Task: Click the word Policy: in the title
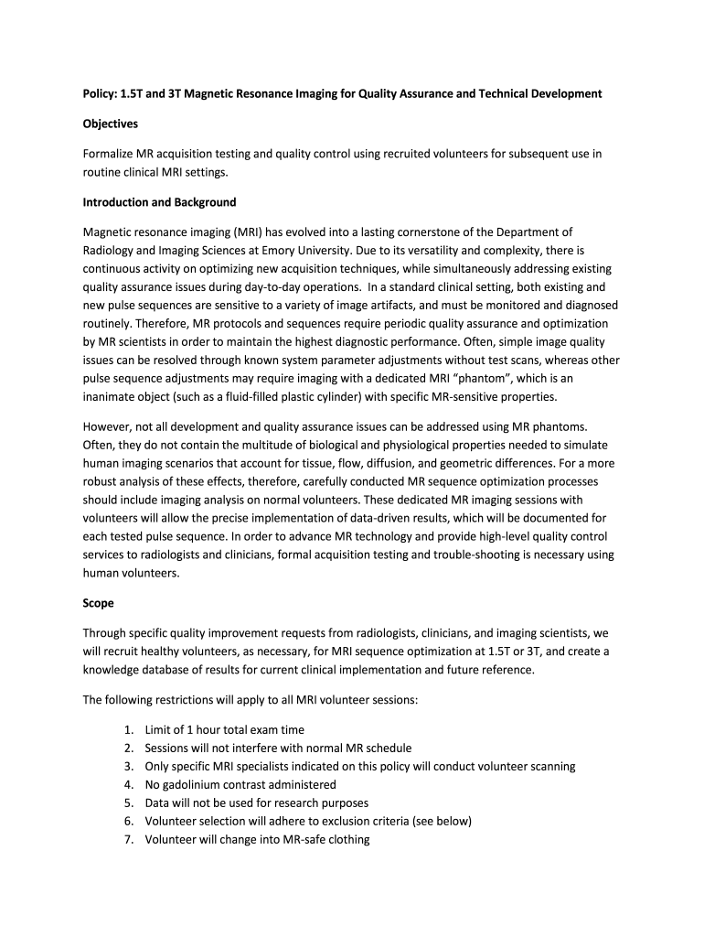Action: coord(101,94)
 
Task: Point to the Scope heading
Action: coord(99,603)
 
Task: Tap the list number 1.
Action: coord(128,729)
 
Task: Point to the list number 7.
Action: coord(128,839)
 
